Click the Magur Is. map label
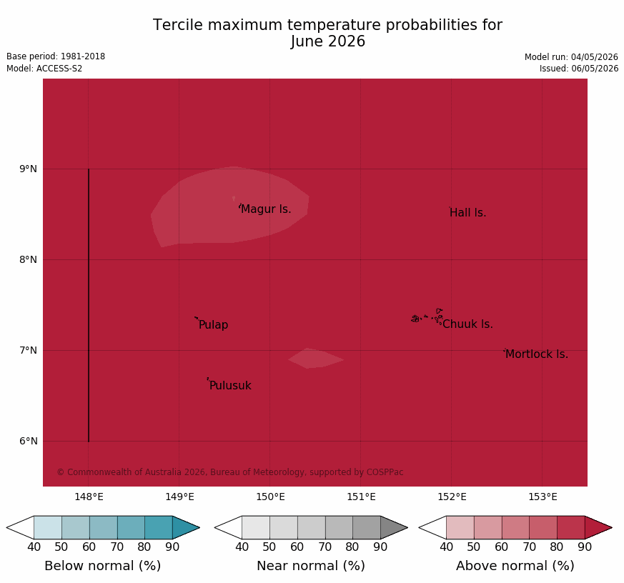coord(266,209)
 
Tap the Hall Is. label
coord(468,213)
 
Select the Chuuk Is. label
coord(467,324)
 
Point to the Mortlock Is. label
coord(537,354)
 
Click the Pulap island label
coord(213,325)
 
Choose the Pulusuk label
coord(230,385)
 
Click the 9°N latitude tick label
coord(29,169)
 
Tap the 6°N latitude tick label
coord(29,441)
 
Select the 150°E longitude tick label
coord(271,497)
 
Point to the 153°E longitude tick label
coord(543,497)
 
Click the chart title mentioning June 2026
coord(327,33)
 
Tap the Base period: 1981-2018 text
coord(56,56)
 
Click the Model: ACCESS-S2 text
coord(44,69)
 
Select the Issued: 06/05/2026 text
coord(579,69)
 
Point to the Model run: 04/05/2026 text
coord(572,57)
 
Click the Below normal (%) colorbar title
coord(103,566)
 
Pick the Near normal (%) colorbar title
coord(311,566)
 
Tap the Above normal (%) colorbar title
coord(515,566)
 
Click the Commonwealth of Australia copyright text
coord(230,472)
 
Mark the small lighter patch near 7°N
coord(316,359)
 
